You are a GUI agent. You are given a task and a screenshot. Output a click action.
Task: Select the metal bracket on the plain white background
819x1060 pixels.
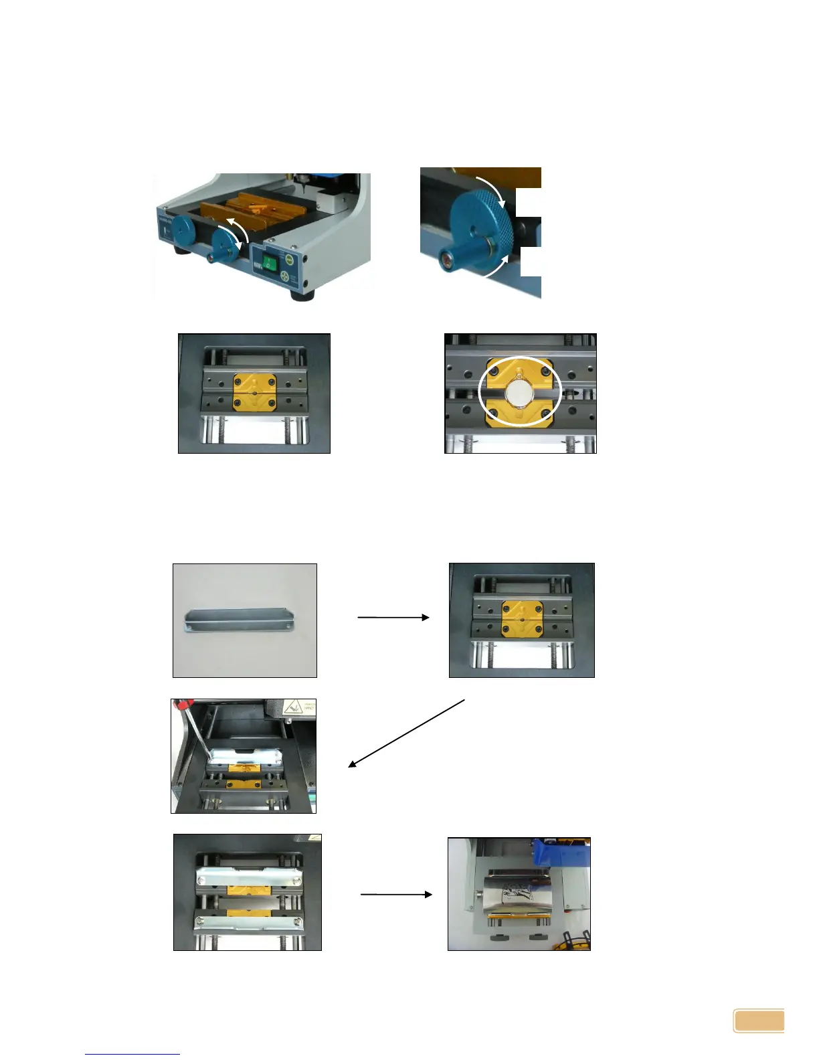click(x=239, y=620)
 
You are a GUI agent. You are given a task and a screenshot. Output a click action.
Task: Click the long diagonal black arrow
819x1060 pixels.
click(x=406, y=733)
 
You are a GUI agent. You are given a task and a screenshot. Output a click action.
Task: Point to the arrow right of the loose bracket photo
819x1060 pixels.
click(x=393, y=617)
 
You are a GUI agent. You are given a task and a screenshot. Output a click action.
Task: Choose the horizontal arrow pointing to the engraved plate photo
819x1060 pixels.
click(x=396, y=894)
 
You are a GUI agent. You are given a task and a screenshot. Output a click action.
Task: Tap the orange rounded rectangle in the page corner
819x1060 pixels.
click(x=759, y=1021)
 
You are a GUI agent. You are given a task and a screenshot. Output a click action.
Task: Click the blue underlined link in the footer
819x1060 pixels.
click(x=132, y=1054)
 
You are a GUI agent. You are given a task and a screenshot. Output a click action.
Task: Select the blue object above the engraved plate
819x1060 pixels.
click(x=561, y=853)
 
